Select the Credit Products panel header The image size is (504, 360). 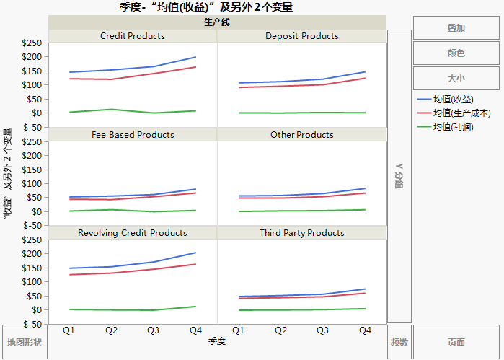(x=133, y=36)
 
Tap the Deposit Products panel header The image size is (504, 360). (x=301, y=36)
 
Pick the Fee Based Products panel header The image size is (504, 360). (x=133, y=135)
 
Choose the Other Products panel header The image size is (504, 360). (x=301, y=135)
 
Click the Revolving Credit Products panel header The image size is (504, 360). (x=133, y=233)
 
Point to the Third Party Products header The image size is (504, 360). (x=301, y=233)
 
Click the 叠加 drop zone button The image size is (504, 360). (x=456, y=28)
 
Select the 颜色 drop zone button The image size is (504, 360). (x=456, y=53)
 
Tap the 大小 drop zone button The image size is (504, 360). (x=456, y=78)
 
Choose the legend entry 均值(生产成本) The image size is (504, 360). (x=458, y=113)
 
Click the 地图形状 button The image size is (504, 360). (x=25, y=342)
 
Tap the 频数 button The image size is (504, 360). (x=399, y=342)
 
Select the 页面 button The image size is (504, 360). (x=456, y=342)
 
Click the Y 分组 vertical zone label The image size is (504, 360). (x=399, y=176)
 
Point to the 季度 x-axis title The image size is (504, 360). (x=217, y=341)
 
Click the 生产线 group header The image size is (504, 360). (x=217, y=22)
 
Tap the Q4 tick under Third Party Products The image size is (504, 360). (x=364, y=330)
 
